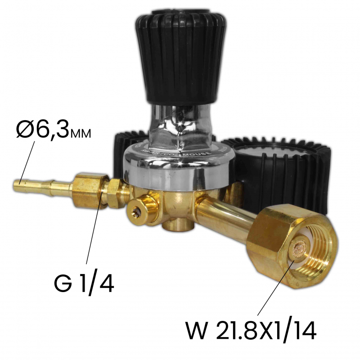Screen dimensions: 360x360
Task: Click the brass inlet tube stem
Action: (225, 216)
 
